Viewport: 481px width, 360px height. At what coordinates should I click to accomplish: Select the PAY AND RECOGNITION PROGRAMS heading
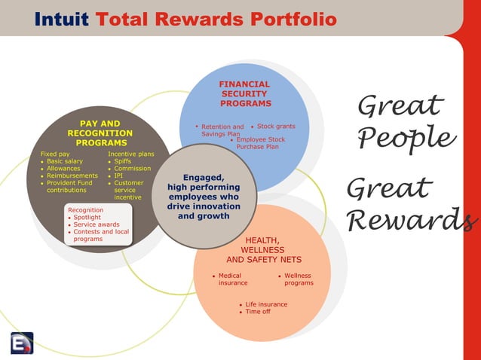pos(100,133)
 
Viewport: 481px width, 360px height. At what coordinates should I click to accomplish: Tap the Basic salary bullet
pos(64,161)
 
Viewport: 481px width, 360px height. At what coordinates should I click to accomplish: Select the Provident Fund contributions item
pos(69,187)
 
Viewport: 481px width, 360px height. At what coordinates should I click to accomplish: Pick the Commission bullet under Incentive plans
pos(132,169)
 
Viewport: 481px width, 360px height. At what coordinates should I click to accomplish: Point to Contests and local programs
pos(100,236)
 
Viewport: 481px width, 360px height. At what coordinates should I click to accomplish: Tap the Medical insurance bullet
pos(232,279)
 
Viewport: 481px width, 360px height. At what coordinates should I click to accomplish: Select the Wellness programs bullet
pos(298,279)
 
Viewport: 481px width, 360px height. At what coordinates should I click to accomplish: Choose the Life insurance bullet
pos(265,304)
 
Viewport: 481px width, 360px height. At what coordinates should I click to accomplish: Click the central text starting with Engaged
pos(203,197)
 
